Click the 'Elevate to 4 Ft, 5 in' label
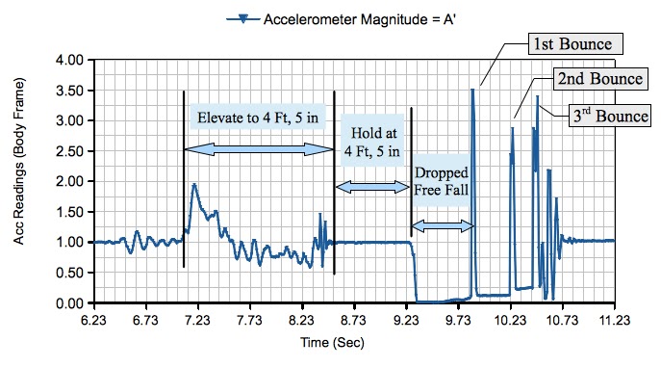click(258, 117)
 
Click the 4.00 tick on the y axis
click(72, 60)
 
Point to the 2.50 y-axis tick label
click(72, 151)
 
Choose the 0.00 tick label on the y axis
click(72, 303)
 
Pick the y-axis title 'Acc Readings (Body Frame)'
click(21, 181)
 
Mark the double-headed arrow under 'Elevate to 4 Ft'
click(258, 149)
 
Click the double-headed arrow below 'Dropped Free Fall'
click(443, 225)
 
